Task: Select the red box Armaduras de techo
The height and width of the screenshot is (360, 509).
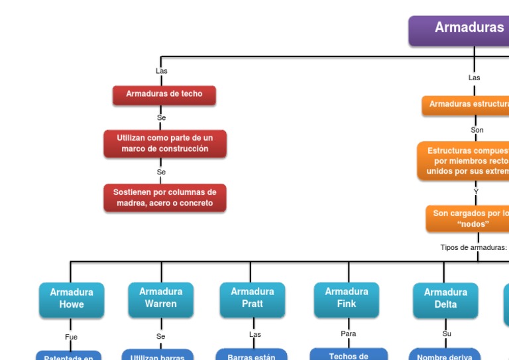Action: tap(164, 95)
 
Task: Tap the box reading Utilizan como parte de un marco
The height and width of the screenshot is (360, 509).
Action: tap(164, 143)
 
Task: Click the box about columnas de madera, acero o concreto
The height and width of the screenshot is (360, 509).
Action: tap(164, 198)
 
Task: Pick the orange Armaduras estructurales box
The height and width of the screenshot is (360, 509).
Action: tap(467, 105)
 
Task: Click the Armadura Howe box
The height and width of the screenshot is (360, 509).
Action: tap(72, 298)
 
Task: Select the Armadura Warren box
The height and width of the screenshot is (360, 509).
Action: tap(161, 298)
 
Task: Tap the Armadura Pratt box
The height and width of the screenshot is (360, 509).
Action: tap(252, 298)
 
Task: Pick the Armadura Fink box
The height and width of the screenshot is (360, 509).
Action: tap(347, 298)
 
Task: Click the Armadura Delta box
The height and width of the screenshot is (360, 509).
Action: tap(445, 298)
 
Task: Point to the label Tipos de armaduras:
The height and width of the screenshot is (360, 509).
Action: tap(473, 247)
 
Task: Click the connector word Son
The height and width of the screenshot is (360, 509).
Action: tap(477, 130)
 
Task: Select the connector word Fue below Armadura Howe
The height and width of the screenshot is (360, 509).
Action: tap(71, 337)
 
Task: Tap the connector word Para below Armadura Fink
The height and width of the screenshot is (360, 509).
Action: tap(348, 333)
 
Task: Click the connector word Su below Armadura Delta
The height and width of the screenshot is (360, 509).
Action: tap(447, 333)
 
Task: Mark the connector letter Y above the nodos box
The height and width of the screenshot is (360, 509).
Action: tap(476, 192)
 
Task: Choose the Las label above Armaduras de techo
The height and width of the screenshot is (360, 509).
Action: tap(161, 71)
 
